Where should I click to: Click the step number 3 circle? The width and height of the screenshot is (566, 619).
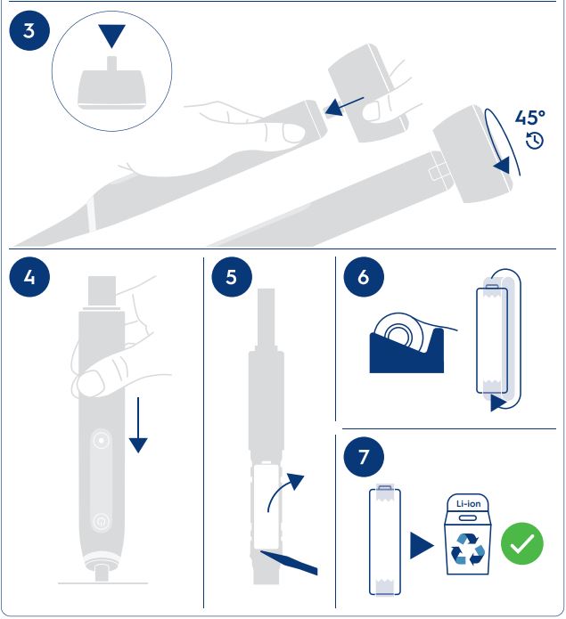click(x=29, y=31)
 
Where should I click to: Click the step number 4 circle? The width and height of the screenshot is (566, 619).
click(x=29, y=277)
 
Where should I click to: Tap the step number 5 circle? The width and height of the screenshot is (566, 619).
click(x=232, y=277)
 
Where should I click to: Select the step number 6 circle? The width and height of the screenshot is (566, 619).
click(x=364, y=277)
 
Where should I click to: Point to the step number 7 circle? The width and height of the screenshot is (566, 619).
click(x=364, y=457)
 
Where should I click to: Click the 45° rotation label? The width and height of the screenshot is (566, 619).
click(x=529, y=118)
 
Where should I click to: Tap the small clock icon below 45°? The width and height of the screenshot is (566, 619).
click(x=535, y=141)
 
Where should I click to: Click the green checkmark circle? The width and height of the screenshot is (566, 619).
click(x=521, y=543)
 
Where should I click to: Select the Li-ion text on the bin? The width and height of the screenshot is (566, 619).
click(x=468, y=504)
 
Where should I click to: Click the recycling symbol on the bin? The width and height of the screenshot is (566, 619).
click(x=468, y=549)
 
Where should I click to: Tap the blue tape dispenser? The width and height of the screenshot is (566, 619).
click(x=406, y=351)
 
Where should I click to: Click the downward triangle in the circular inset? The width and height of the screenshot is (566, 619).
click(x=111, y=36)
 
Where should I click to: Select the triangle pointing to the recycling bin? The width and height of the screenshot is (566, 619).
click(x=422, y=546)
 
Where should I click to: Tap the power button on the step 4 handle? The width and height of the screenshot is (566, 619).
click(x=101, y=522)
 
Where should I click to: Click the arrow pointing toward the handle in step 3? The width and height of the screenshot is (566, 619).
click(x=344, y=106)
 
